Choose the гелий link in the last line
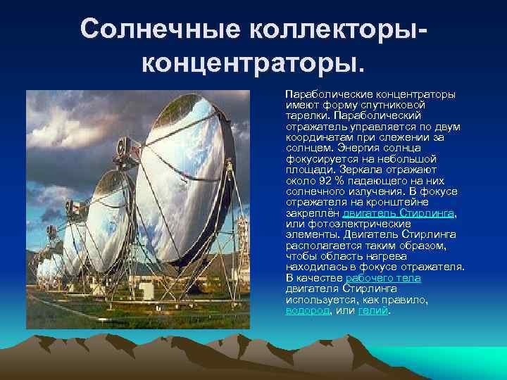373,310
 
